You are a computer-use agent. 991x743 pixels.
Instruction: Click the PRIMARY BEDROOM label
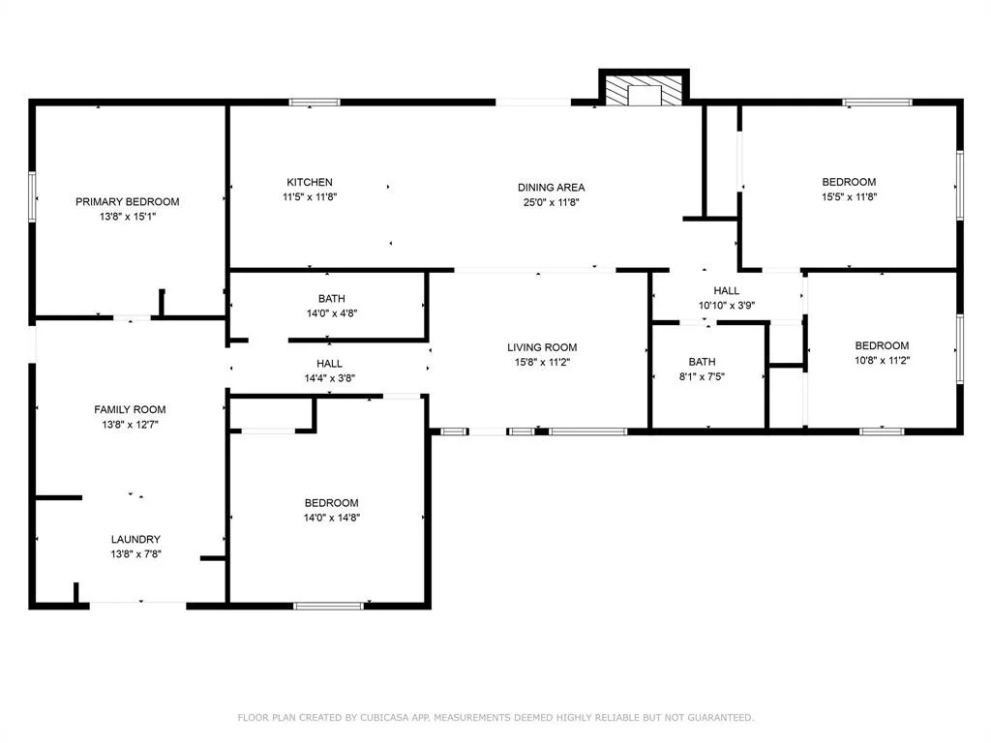click(127, 201)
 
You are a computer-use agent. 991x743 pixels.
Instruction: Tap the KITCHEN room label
click(310, 182)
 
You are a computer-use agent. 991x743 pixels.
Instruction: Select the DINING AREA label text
click(551, 187)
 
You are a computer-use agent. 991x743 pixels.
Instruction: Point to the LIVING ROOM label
click(542, 347)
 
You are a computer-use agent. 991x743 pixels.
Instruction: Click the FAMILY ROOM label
click(131, 409)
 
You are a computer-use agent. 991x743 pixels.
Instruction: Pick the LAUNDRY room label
click(135, 539)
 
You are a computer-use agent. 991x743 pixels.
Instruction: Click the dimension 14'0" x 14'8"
click(332, 518)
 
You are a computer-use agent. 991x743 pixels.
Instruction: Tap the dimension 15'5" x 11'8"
click(849, 196)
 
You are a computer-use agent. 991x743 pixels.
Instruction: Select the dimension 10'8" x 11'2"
click(882, 360)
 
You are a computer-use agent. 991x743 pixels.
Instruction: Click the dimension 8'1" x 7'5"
click(702, 376)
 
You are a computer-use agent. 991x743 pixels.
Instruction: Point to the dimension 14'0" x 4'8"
click(332, 312)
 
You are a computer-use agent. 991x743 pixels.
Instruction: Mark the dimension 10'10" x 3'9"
click(726, 305)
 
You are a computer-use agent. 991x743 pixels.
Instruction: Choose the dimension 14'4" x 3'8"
click(329, 378)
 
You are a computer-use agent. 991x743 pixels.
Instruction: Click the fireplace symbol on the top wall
click(644, 89)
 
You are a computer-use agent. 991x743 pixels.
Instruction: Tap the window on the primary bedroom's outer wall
click(32, 196)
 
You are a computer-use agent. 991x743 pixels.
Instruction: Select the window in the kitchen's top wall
click(315, 103)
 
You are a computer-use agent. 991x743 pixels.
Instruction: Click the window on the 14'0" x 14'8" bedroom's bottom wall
click(329, 606)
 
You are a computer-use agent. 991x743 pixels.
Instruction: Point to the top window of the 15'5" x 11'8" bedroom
click(877, 103)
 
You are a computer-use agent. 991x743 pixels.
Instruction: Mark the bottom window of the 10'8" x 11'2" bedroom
click(882, 431)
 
